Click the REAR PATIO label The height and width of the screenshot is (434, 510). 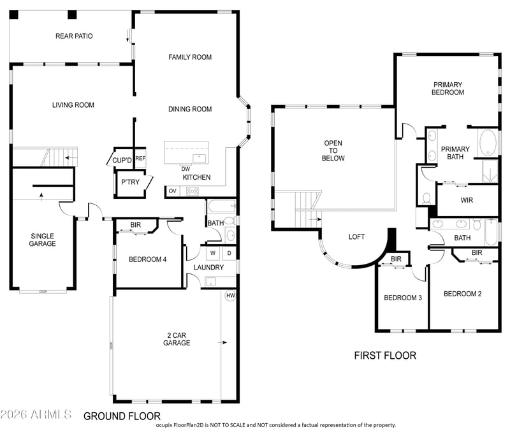point(74,36)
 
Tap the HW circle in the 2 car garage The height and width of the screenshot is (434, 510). point(230,296)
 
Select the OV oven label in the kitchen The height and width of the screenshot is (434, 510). point(172,191)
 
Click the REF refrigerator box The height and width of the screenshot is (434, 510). point(140,158)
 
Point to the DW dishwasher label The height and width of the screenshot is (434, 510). point(186,169)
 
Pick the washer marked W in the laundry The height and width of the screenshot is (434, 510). point(213,253)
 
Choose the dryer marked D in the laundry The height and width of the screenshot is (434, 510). point(229,253)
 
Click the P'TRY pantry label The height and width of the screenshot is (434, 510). point(130,182)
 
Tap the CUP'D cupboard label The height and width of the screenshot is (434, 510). point(122,160)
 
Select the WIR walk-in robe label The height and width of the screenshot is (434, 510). point(467,200)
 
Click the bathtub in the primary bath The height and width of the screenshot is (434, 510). point(488,143)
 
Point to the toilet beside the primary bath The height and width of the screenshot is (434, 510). point(426,198)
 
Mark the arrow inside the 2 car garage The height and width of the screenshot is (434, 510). point(222,342)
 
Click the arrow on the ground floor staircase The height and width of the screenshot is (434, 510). point(71,157)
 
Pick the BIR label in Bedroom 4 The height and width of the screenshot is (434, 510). point(136,224)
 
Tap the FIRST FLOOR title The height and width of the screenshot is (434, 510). point(385,356)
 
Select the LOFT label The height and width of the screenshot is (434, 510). point(356,237)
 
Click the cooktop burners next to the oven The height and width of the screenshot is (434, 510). point(193,191)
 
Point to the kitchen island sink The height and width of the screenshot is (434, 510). point(199,158)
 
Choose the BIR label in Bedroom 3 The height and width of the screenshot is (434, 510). point(396,259)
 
